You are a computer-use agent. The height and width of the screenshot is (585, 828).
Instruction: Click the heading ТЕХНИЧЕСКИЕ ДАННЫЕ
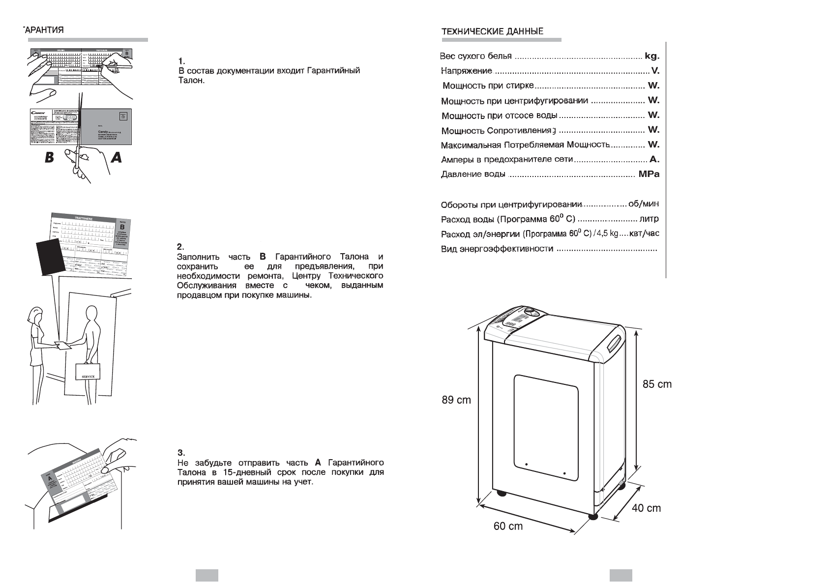[493, 31]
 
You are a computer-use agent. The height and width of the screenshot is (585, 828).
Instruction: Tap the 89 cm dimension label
[456, 400]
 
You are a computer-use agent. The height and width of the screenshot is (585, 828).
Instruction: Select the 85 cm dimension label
[657, 384]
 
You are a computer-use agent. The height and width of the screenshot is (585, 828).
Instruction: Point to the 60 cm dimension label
[508, 526]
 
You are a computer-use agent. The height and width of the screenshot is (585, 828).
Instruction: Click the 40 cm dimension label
[646, 508]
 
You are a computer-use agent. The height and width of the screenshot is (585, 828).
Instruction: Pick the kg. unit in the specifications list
[651, 56]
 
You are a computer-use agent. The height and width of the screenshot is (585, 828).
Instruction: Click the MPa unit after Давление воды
[649, 174]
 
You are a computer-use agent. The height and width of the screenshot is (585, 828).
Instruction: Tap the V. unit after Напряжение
[655, 71]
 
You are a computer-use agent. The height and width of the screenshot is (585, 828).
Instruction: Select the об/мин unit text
[644, 204]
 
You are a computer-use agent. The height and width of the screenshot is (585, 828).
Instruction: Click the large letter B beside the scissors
[49, 158]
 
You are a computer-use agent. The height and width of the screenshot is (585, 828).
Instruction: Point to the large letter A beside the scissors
[117, 158]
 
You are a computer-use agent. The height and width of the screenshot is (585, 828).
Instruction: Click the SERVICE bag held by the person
[88, 372]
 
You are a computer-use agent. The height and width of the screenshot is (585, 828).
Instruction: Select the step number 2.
[180, 247]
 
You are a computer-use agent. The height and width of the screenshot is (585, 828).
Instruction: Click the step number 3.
[180, 453]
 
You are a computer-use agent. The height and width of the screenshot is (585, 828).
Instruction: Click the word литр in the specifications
[649, 219]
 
